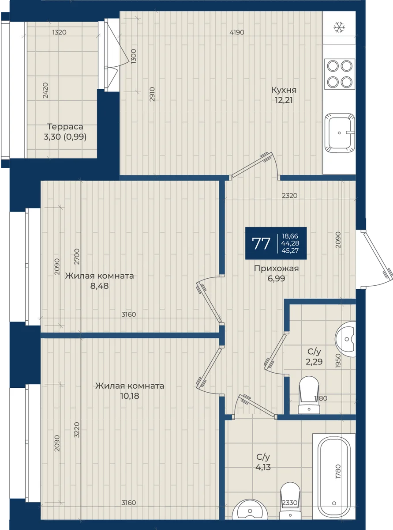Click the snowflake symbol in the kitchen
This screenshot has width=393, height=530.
coord(339,27)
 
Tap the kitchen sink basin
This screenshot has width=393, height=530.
coord(340,133)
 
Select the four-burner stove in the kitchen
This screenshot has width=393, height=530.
coord(340,74)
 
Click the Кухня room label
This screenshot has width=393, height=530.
coord(284,90)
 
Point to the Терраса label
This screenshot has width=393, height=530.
coord(65,127)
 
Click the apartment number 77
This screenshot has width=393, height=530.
coord(261,243)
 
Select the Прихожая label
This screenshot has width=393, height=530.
coord(276,269)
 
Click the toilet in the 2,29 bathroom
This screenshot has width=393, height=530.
coord(309,395)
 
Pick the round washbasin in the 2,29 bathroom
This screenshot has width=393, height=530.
coord(345,339)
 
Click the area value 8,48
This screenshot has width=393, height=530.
coord(99,286)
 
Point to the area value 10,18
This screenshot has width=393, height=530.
coord(130,396)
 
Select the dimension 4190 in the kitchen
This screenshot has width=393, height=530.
coord(237,32)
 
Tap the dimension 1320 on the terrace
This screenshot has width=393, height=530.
coord(59,32)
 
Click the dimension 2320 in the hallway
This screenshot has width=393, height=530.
coord(290,196)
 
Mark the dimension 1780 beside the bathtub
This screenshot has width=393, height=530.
coord(338,472)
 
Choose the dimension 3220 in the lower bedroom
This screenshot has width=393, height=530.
coord(77,430)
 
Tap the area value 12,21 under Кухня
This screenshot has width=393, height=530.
coord(284,100)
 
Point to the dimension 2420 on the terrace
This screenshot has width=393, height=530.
coord(45,91)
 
